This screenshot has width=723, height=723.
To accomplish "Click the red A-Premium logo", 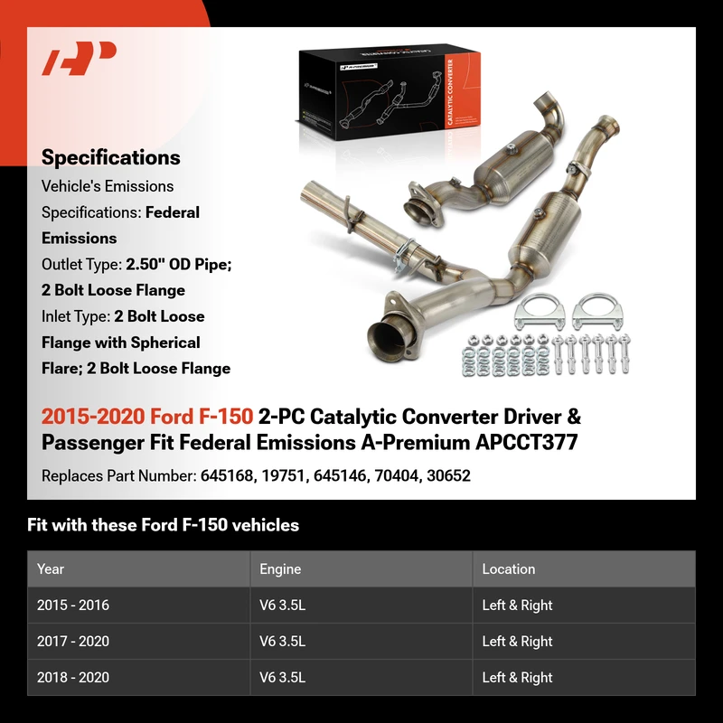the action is pyautogui.click(x=79, y=58).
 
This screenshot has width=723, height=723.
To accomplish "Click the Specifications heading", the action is pyautogui.click(x=110, y=157).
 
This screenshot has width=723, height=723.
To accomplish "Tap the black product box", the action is pyautogui.click(x=390, y=92).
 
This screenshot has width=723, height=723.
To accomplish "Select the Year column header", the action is pyautogui.click(x=51, y=569).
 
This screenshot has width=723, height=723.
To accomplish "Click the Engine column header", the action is pyautogui.click(x=280, y=569).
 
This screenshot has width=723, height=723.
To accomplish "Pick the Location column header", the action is pyautogui.click(x=509, y=569).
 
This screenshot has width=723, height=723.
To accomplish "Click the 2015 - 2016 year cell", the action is pyautogui.click(x=73, y=605).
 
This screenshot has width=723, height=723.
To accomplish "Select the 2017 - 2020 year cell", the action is pyautogui.click(x=73, y=641).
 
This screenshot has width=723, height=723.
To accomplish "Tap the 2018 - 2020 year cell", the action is pyautogui.click(x=73, y=677).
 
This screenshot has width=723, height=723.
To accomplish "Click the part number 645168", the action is pyautogui.click(x=227, y=476).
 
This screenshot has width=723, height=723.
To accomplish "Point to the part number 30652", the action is pyautogui.click(x=448, y=476).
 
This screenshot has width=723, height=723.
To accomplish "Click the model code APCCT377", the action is pyautogui.click(x=527, y=443).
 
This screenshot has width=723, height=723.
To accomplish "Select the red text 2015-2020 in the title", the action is pyautogui.click(x=93, y=417).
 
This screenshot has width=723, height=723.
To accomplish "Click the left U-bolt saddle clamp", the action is pyautogui.click(x=540, y=311).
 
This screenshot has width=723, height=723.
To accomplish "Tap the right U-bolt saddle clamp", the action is pyautogui.click(x=597, y=311).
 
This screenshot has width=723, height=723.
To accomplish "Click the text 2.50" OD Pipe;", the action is pyautogui.click(x=178, y=265).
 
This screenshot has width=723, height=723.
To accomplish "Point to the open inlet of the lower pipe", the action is pyautogui.click(x=387, y=339).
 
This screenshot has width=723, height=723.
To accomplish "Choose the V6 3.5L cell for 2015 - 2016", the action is pyautogui.click(x=283, y=605).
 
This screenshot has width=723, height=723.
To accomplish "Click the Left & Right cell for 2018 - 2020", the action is pyautogui.click(x=517, y=677).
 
